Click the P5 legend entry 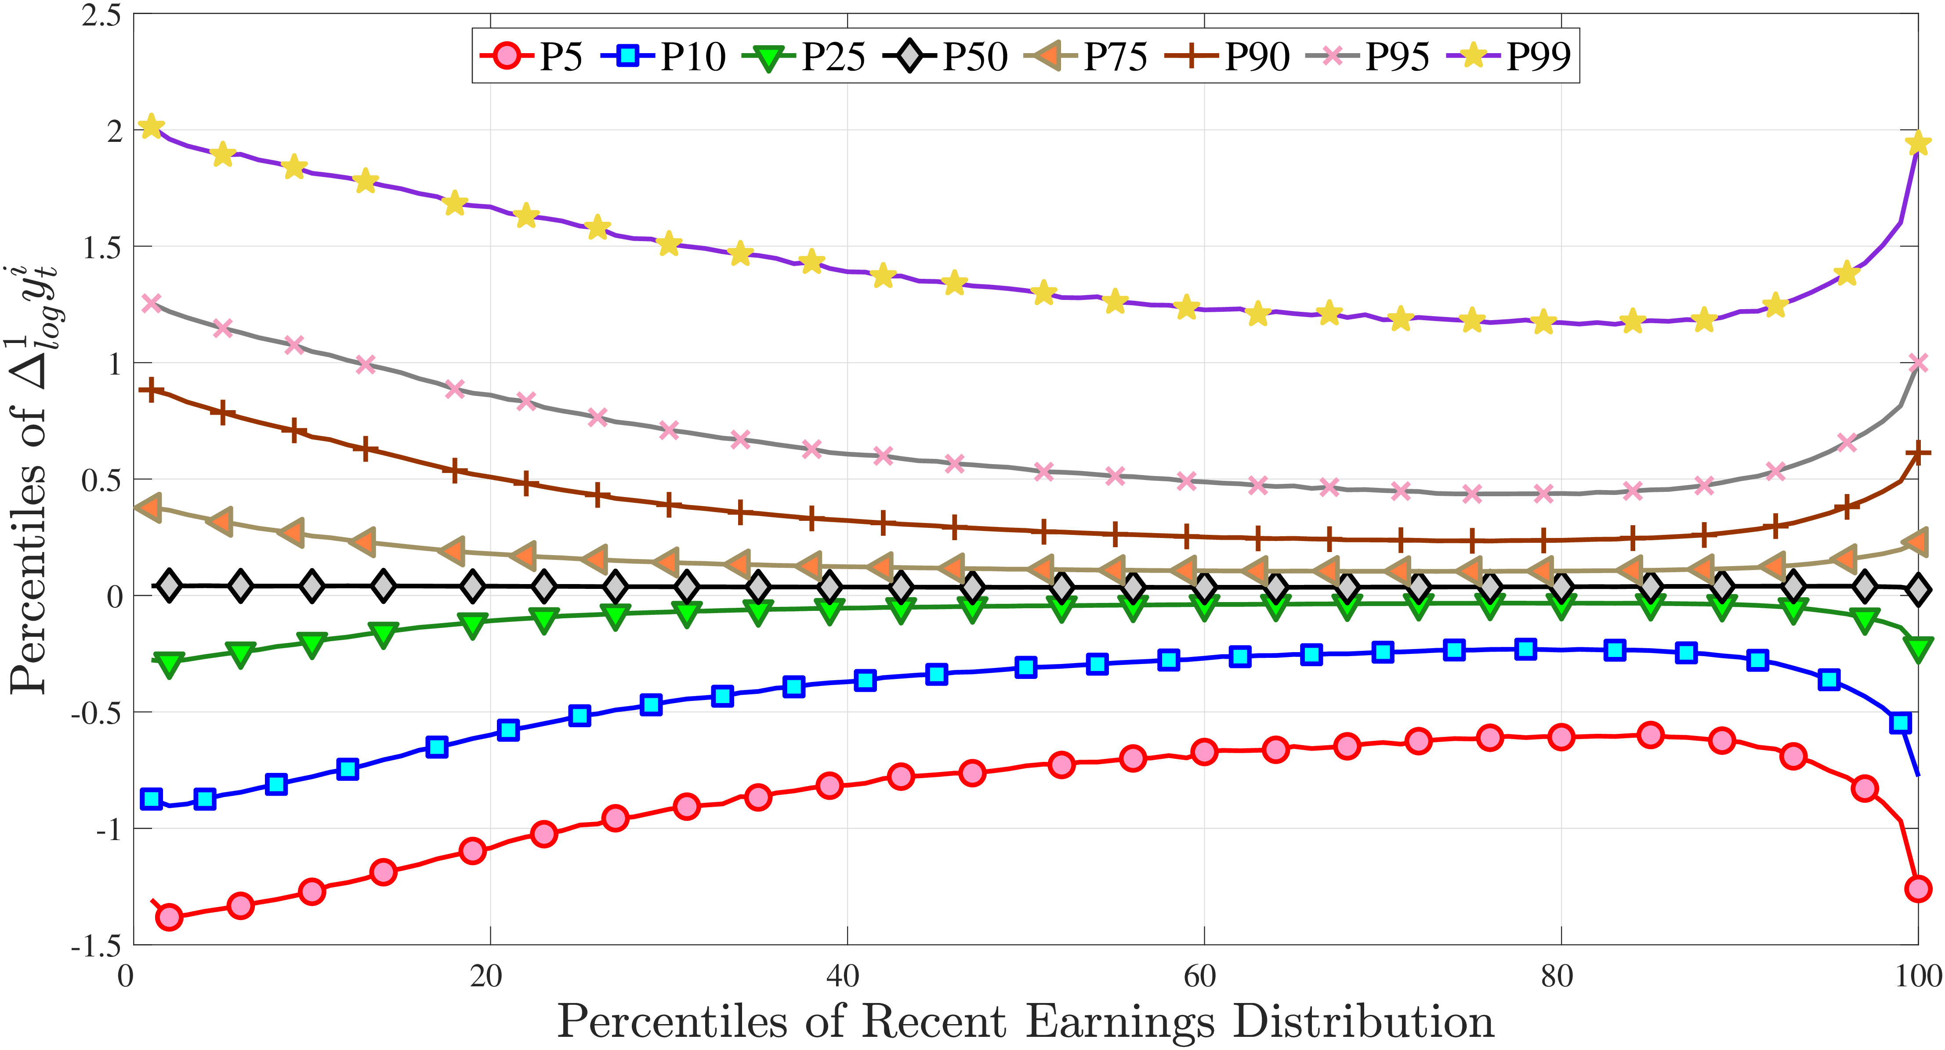[532, 56]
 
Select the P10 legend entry [664, 56]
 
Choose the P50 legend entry [946, 56]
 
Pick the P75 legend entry [1087, 56]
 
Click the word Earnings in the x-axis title [1120, 1023]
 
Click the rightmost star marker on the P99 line [1918, 144]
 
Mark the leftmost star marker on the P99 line [152, 126]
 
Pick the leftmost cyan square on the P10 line [152, 799]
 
